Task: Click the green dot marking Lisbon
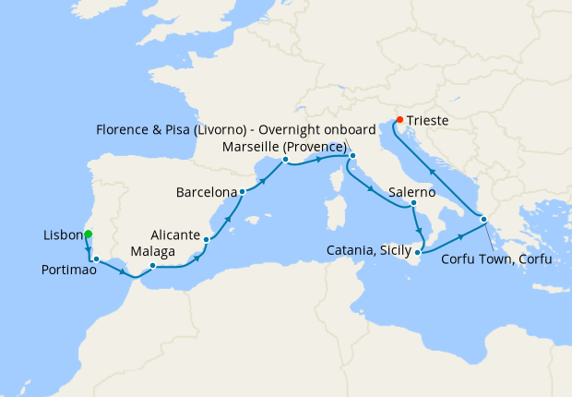tap(88, 235)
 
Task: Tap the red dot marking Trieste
tap(399, 120)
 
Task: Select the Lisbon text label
tap(63, 235)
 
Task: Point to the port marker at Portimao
tap(96, 259)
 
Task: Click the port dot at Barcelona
tap(242, 193)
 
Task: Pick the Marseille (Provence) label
tap(285, 147)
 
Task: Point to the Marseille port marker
tap(285, 159)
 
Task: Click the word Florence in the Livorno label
tap(124, 128)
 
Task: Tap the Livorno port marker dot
tap(352, 156)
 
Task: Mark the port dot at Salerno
tap(414, 203)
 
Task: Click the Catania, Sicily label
tap(368, 250)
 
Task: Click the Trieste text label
tap(431, 120)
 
